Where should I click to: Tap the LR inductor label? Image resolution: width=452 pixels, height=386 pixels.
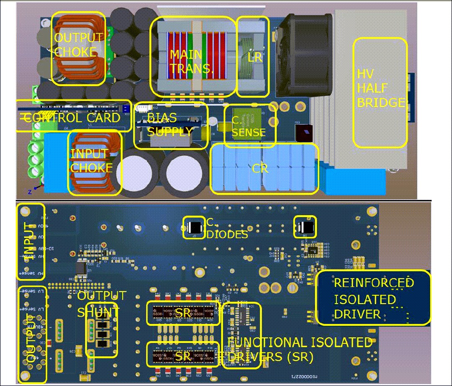[255, 57]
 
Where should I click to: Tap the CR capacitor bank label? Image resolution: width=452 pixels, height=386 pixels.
[260, 170]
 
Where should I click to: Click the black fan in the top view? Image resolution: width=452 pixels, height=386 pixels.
[306, 54]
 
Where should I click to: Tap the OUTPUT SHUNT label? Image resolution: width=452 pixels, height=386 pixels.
[101, 304]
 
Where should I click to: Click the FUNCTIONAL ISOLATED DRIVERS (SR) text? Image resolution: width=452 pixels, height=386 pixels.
[299, 350]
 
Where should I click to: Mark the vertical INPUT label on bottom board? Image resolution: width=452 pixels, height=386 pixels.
[29, 241]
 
